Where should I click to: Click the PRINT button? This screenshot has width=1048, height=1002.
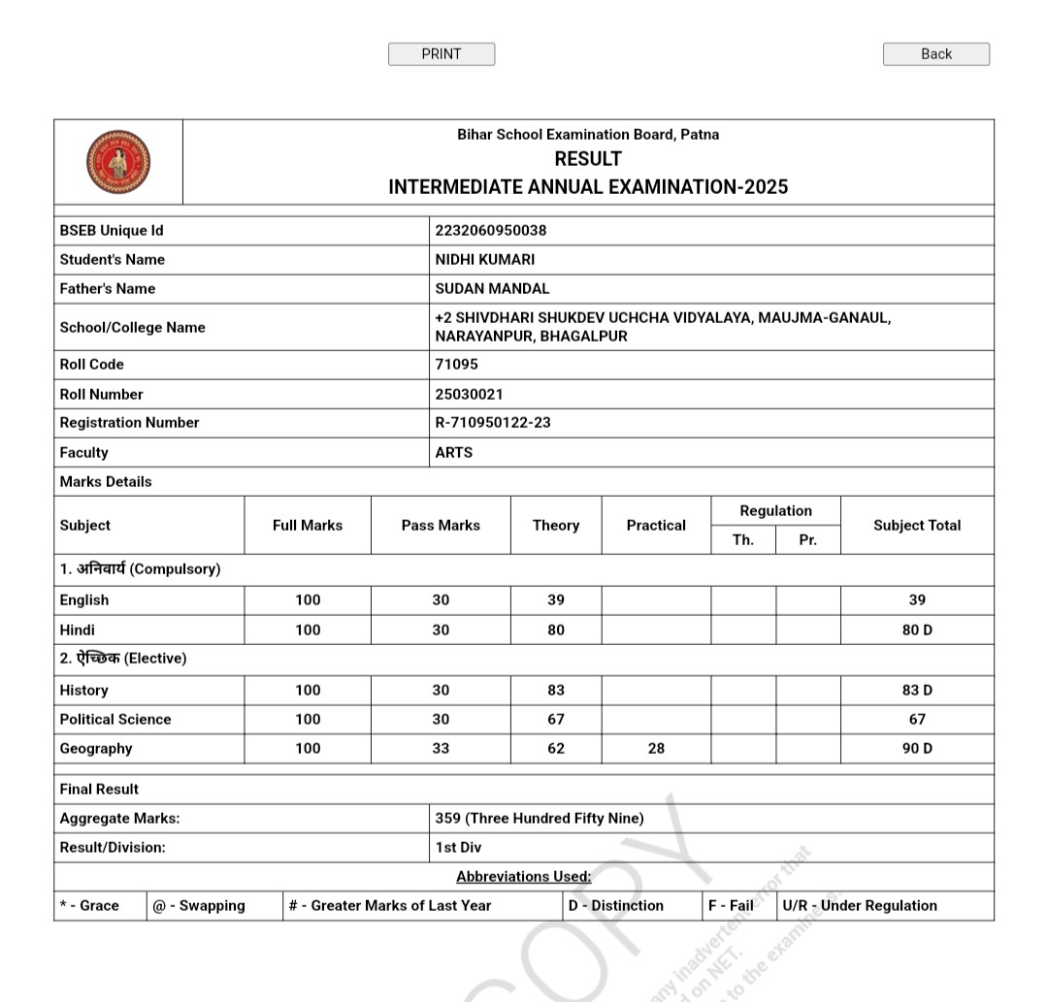pyautogui.click(x=442, y=54)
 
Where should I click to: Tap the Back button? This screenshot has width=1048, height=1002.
pyautogui.click(x=936, y=54)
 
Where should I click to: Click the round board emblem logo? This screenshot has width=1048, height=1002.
pyautogui.click(x=118, y=162)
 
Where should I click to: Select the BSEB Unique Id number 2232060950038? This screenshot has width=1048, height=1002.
pyautogui.click(x=491, y=231)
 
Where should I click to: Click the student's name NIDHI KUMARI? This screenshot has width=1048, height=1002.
pyautogui.click(x=485, y=260)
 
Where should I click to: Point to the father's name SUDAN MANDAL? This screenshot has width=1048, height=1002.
pyautogui.click(x=492, y=289)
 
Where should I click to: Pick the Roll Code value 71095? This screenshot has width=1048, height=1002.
pyautogui.click(x=457, y=365)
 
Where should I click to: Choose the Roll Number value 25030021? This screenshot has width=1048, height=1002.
pyautogui.click(x=470, y=395)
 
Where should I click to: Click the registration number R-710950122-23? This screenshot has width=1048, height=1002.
pyautogui.click(x=493, y=423)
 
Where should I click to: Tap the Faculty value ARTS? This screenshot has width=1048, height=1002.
pyautogui.click(x=454, y=453)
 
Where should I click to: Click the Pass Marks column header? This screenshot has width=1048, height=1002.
pyautogui.click(x=441, y=526)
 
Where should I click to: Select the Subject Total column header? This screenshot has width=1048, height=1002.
pyautogui.click(x=917, y=526)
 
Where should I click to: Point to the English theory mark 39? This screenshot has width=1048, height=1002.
pyautogui.click(x=556, y=600)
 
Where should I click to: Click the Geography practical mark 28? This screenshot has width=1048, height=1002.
pyautogui.click(x=656, y=749)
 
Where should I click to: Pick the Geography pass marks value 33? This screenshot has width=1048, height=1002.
pyautogui.click(x=441, y=749)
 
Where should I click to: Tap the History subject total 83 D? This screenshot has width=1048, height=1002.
pyautogui.click(x=917, y=691)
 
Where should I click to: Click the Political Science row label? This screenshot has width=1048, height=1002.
pyautogui.click(x=115, y=720)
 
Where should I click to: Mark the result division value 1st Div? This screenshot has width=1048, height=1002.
pyautogui.click(x=458, y=848)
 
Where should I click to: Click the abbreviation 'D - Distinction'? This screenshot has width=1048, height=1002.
pyautogui.click(x=616, y=906)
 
